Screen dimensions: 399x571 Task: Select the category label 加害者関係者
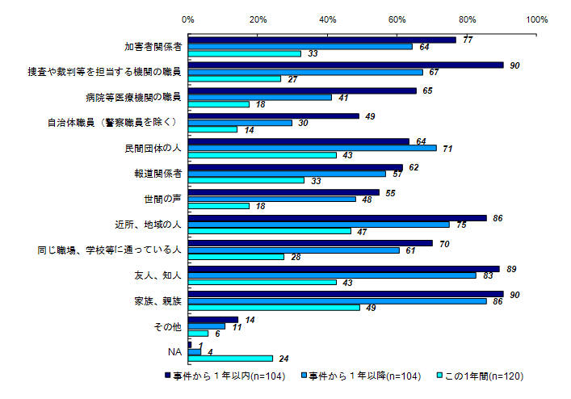(153, 47)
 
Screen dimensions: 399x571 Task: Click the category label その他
(169, 325)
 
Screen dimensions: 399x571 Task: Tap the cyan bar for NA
(230, 358)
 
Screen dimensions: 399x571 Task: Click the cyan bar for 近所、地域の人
(270, 231)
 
